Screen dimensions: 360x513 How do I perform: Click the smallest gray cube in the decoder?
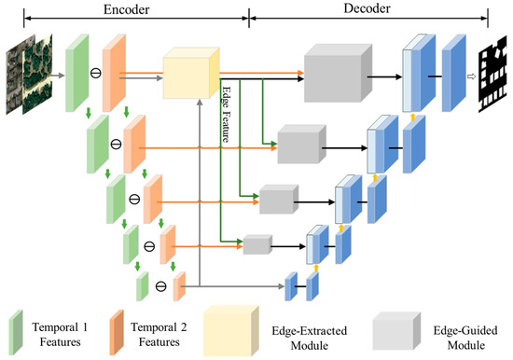[x=256, y=245]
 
